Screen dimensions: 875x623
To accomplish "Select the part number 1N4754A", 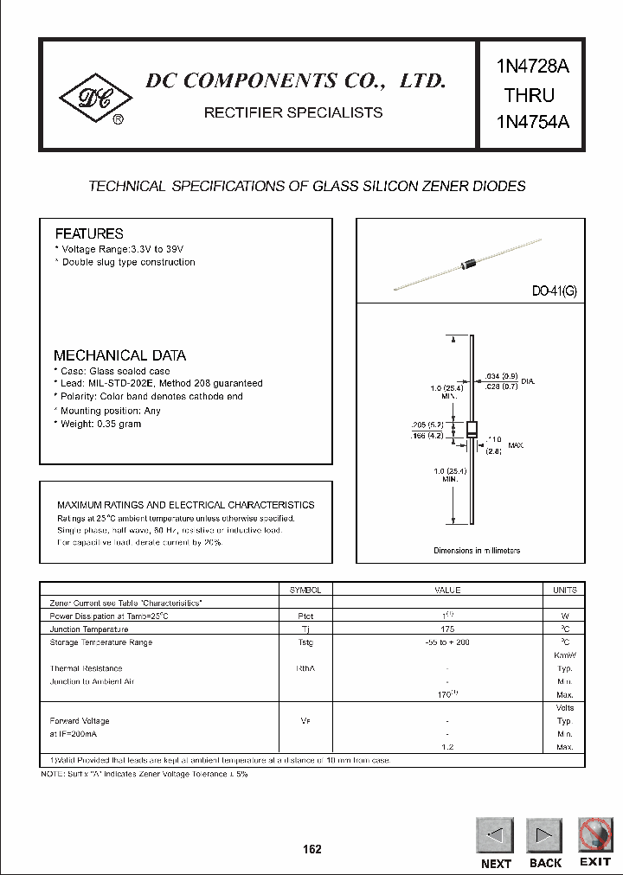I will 532,121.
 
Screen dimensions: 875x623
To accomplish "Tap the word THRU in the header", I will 529,94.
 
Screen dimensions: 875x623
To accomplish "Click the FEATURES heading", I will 89,233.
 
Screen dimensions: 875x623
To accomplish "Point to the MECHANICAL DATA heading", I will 119,355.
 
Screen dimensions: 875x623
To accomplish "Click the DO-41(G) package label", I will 554,292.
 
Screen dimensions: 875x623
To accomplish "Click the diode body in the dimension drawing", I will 472,429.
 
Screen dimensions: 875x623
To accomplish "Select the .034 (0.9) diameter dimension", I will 503,376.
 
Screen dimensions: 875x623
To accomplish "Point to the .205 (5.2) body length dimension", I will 428,425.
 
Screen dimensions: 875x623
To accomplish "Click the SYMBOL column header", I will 305,590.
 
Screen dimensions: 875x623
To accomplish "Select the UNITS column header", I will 564,590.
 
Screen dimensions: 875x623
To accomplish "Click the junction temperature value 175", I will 447,629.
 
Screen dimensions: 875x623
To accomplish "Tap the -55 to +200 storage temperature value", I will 447,642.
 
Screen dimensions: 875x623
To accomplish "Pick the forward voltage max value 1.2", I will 447,746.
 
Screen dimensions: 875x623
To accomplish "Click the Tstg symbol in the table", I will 305,642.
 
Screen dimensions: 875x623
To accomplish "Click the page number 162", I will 311,849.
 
